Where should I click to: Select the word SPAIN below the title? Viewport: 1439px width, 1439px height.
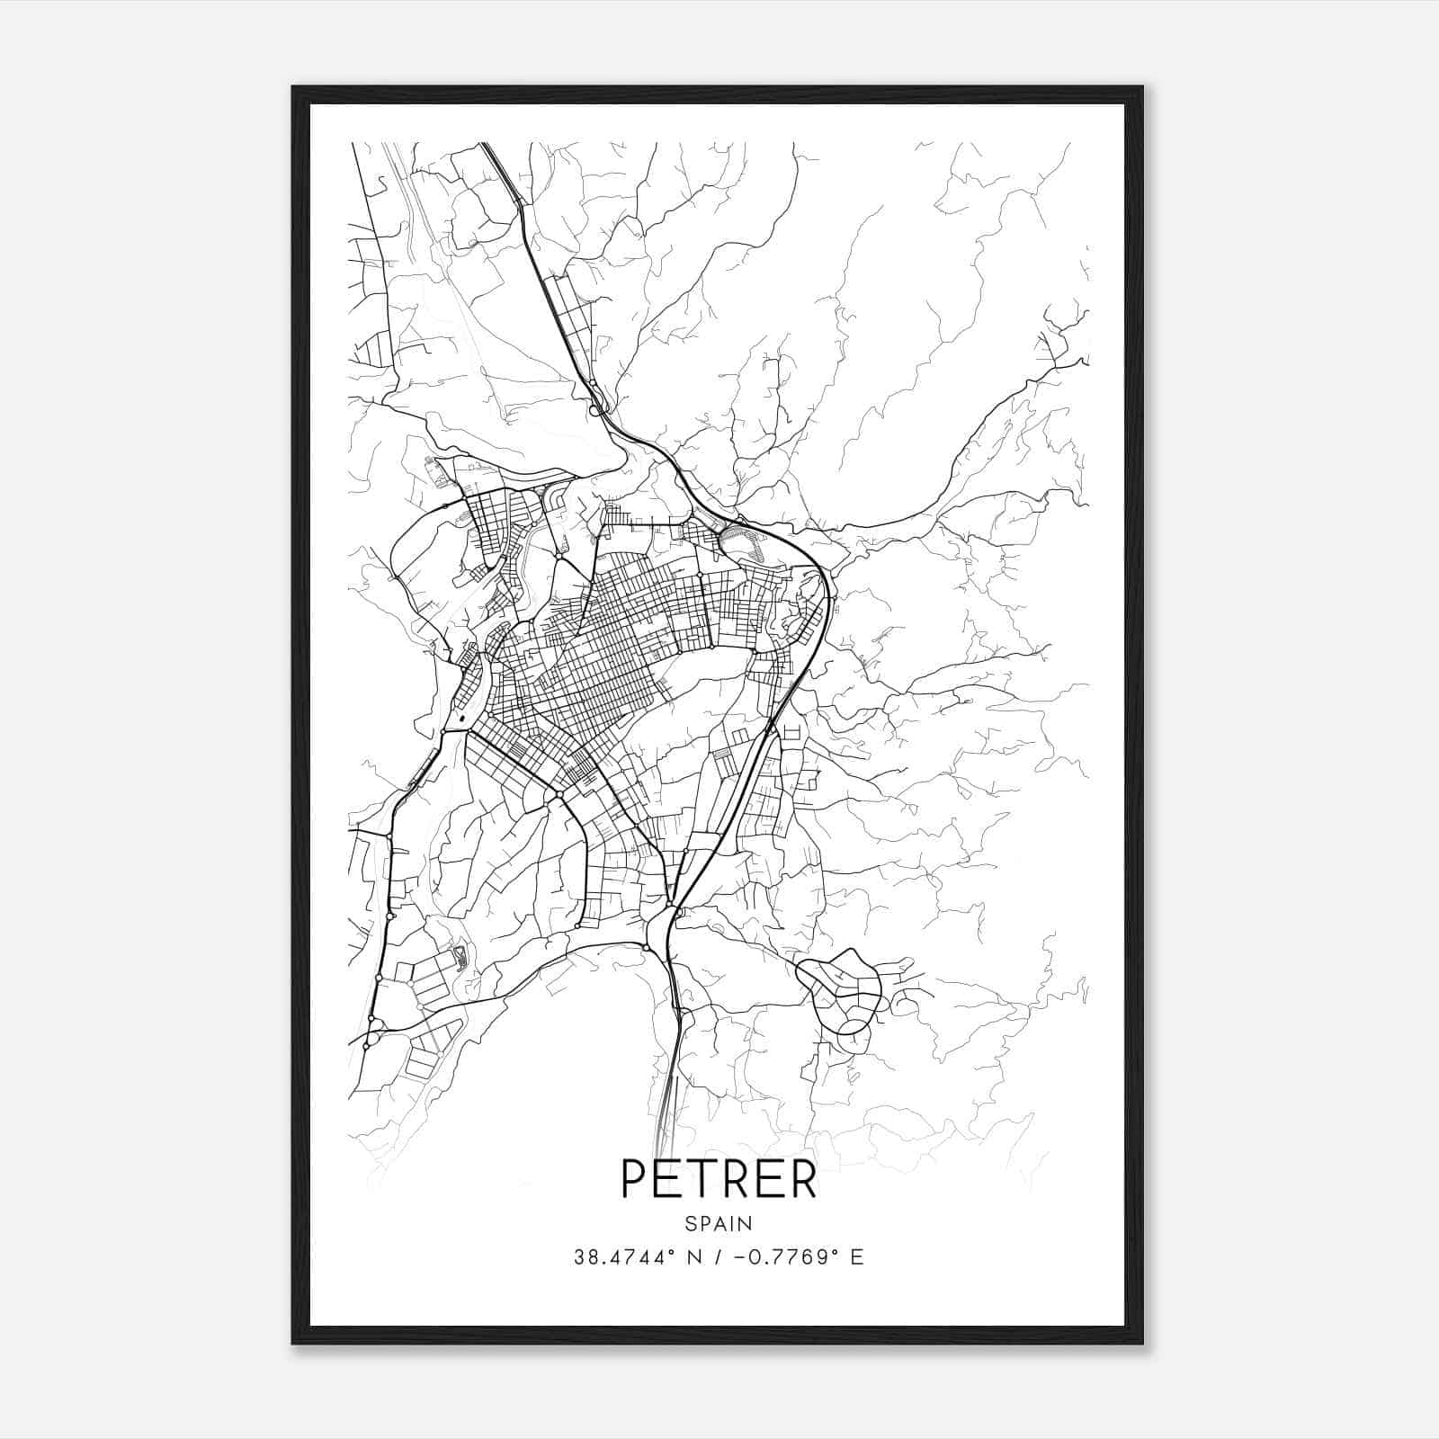coord(719,1223)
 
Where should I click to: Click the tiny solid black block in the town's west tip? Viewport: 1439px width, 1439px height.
coord(461,719)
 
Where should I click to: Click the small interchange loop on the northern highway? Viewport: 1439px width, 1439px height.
coord(595,409)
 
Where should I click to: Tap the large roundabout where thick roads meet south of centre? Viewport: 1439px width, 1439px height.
coord(559,796)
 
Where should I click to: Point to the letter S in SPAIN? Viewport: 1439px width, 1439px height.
coord(690,1223)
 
